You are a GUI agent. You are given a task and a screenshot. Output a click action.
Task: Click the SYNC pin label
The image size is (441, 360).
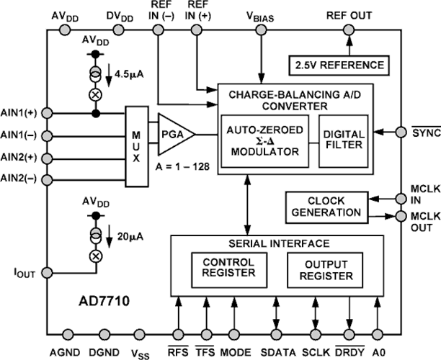pos(424,132)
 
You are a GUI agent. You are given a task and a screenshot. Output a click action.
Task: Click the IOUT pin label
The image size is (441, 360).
pos(22,273)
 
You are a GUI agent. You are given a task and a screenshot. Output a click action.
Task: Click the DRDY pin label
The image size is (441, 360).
pos(349,352)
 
